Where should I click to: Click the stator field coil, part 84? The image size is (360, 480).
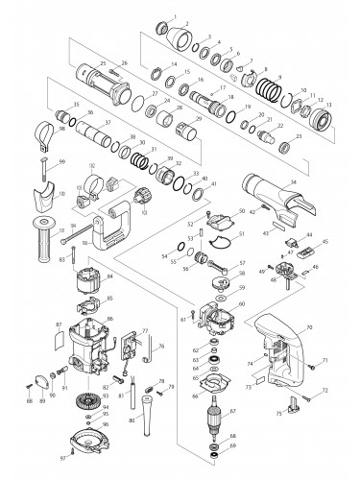click(x=91, y=284)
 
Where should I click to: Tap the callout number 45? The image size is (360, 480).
click(x=326, y=242)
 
